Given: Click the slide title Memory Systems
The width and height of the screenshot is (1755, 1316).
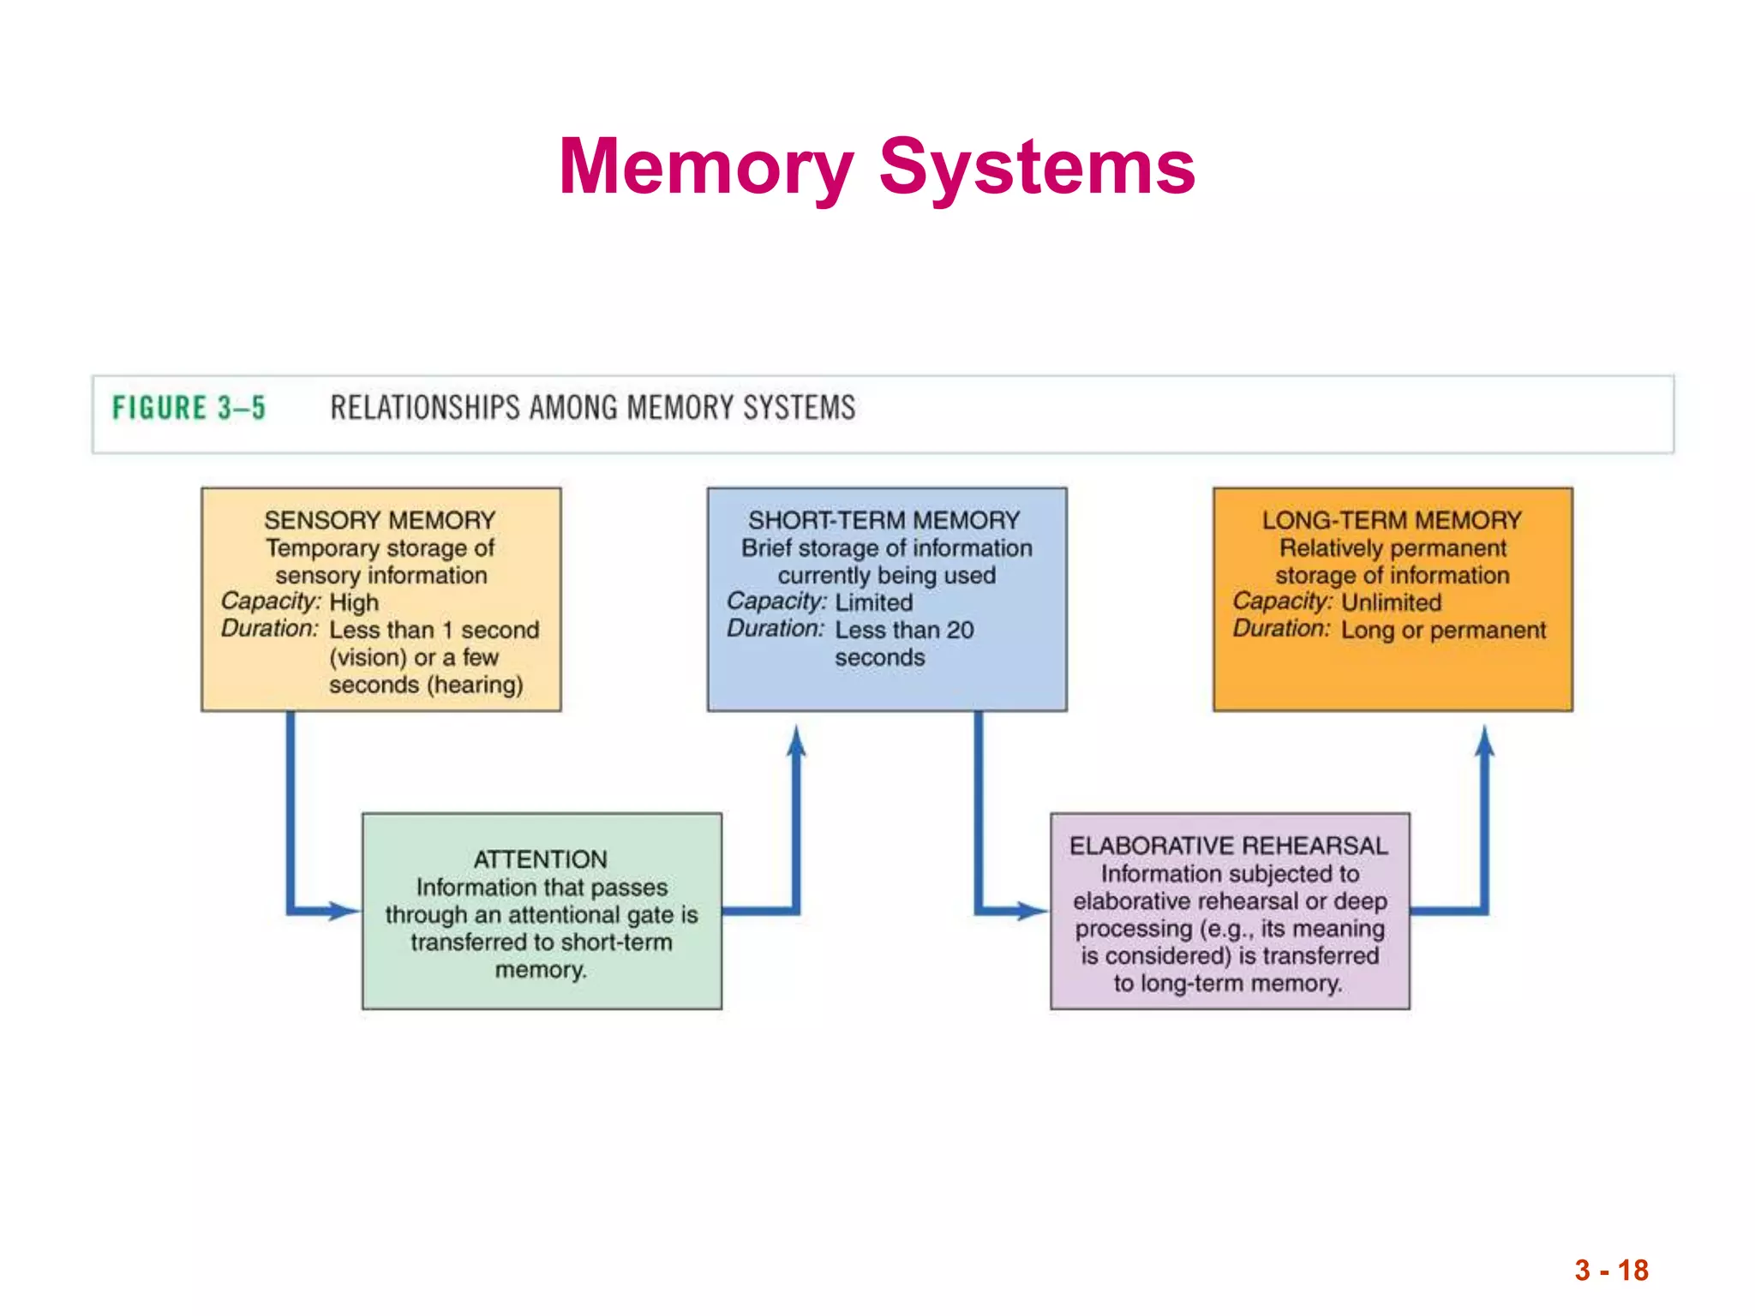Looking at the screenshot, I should click(877, 167).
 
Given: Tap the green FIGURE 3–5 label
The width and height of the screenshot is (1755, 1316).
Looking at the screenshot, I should click(189, 408).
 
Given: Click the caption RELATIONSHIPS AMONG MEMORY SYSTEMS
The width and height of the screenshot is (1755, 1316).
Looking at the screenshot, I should click(593, 408).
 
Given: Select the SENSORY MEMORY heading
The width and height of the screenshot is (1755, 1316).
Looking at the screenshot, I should click(380, 520).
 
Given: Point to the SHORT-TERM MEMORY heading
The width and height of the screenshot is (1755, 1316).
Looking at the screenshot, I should click(884, 520).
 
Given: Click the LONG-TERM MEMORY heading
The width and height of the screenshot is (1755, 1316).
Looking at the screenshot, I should click(1392, 520).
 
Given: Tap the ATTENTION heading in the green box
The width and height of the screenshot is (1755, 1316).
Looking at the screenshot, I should click(541, 859).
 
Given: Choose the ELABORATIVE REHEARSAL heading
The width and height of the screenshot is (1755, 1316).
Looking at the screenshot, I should click(1229, 846).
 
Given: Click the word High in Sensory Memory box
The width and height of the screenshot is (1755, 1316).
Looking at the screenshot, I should click(354, 602).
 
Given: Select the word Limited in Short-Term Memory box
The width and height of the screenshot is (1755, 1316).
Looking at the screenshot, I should click(874, 602).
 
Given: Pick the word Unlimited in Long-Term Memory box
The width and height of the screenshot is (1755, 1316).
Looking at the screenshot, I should click(1392, 602).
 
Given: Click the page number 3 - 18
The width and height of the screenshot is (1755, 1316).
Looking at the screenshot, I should click(1611, 1270).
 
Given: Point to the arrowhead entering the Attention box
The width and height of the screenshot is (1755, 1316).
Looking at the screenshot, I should click(344, 911).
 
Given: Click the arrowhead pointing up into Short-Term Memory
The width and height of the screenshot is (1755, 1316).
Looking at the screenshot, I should click(796, 741).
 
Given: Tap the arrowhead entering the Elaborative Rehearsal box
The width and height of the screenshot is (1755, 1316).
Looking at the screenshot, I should click(1033, 911).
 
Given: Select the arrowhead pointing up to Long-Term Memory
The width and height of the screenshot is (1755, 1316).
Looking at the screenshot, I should click(1485, 741).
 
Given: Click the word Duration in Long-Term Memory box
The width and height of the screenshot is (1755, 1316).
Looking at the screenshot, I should click(1281, 629).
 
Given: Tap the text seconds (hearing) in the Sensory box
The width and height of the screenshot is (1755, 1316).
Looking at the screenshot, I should click(426, 685).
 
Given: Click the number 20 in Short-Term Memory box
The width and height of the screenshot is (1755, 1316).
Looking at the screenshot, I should click(960, 630).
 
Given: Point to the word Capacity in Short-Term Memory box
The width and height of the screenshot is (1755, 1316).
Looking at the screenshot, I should click(776, 601).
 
